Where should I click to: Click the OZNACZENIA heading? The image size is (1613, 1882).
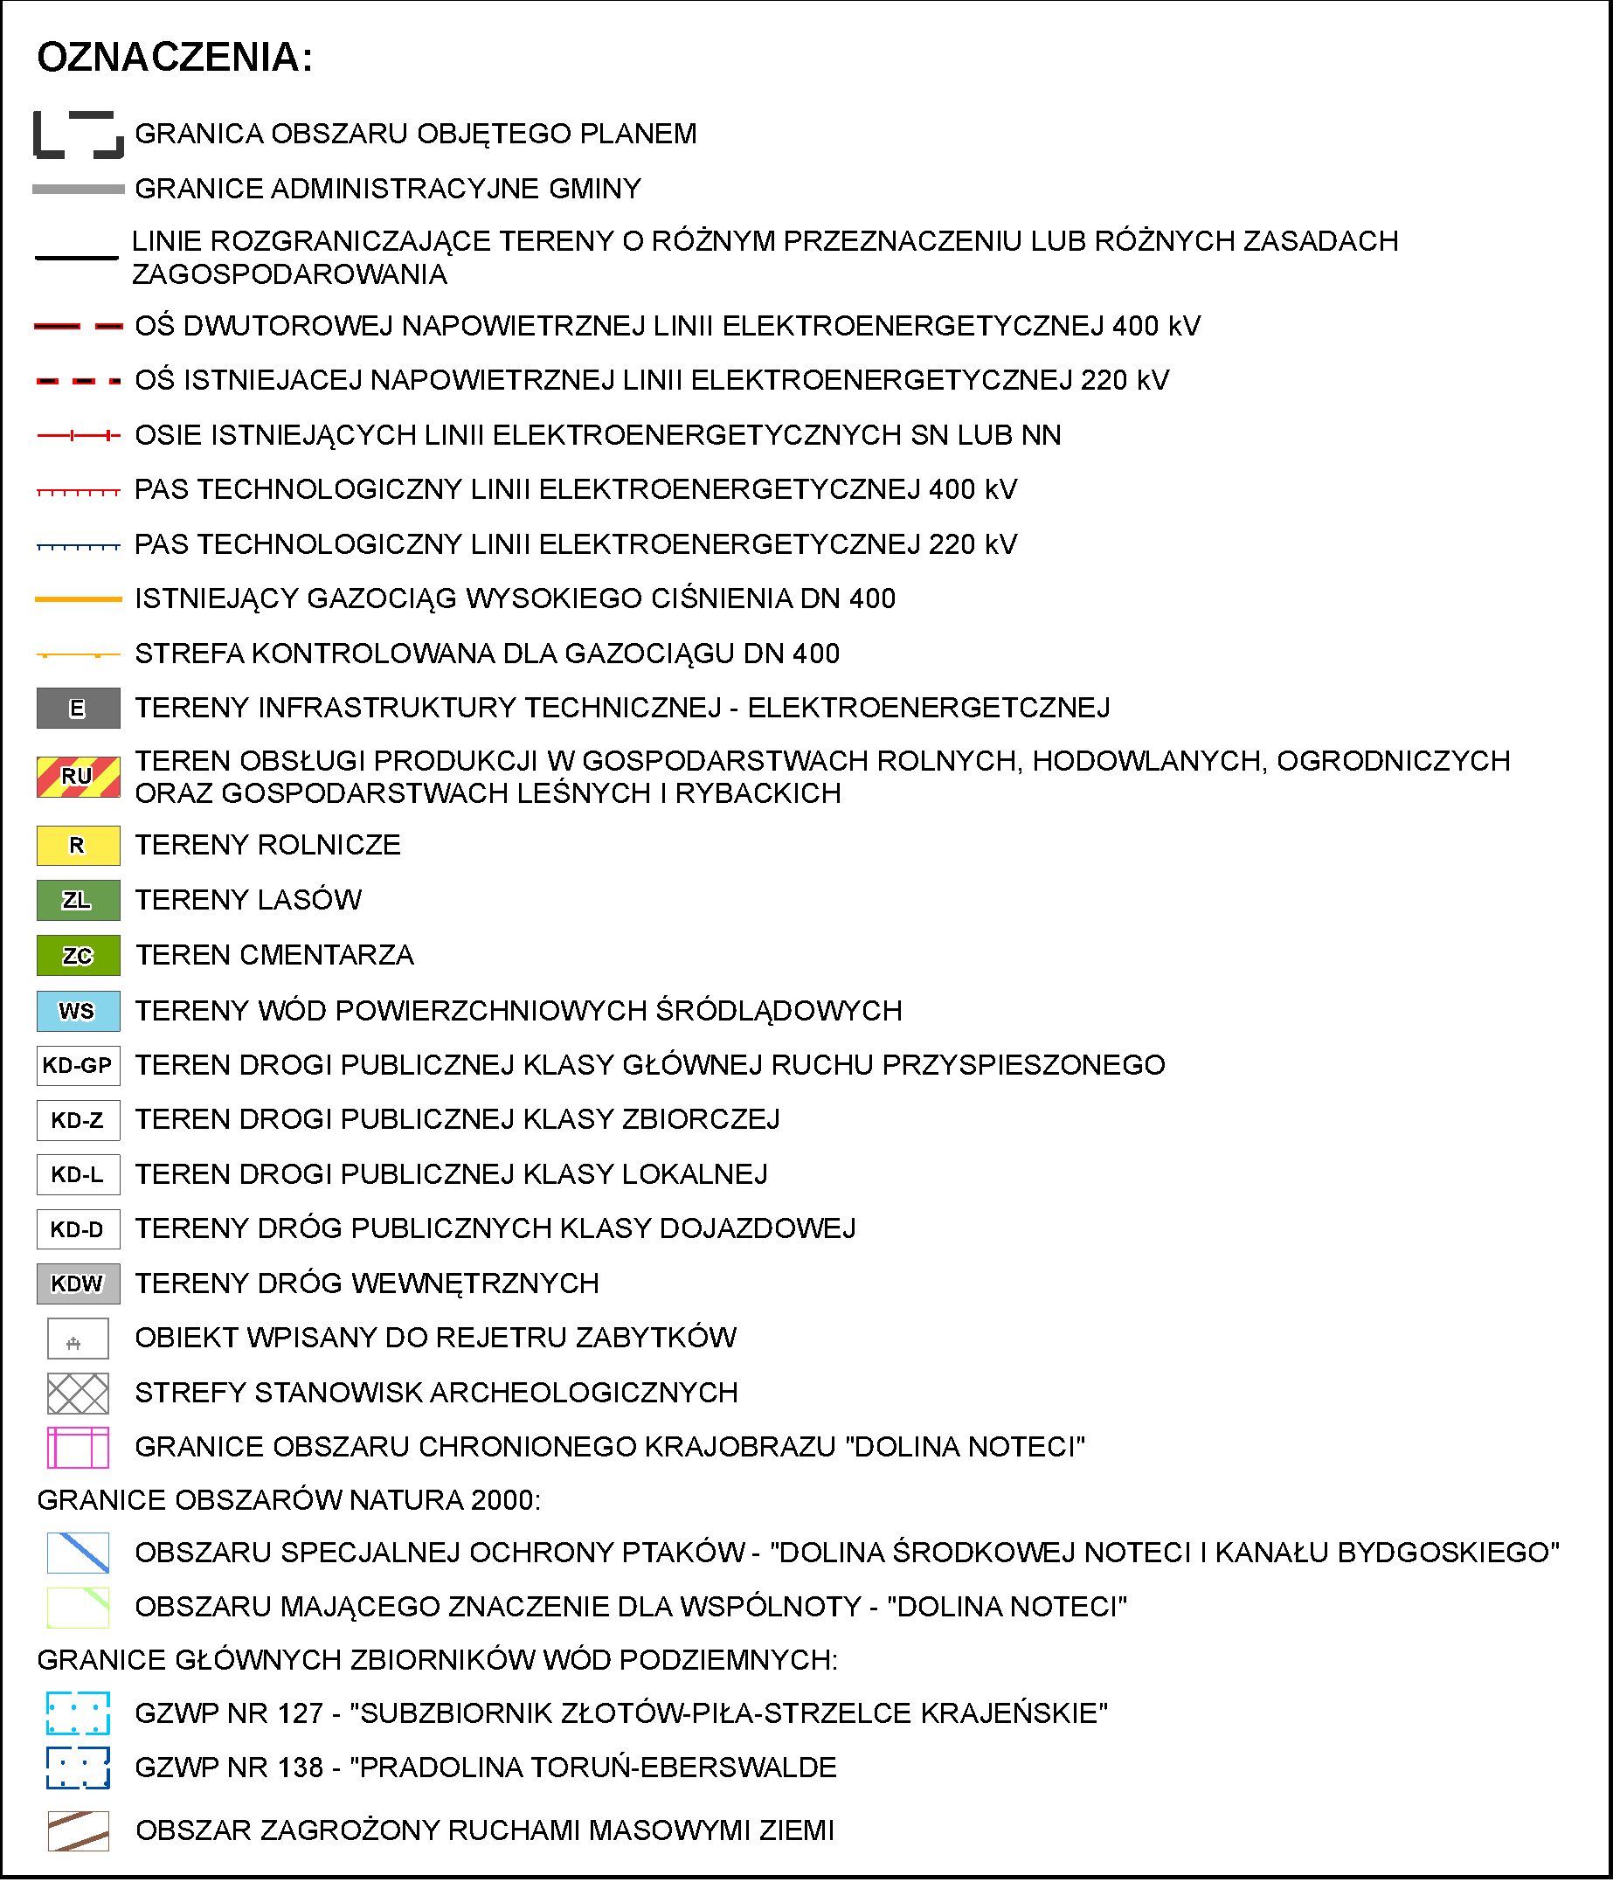(175, 57)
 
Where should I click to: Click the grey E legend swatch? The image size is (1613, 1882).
(78, 709)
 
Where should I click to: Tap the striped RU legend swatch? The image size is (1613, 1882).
(78, 777)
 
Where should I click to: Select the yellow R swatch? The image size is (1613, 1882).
(78, 846)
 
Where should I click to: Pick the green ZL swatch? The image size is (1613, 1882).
(78, 900)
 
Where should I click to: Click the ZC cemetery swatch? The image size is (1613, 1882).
(78, 956)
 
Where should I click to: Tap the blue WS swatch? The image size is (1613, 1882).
(78, 1011)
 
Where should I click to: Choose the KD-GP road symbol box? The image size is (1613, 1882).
(78, 1065)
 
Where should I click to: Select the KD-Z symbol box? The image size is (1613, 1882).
(78, 1120)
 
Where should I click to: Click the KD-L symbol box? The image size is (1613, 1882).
(78, 1174)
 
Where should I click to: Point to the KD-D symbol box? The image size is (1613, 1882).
(78, 1229)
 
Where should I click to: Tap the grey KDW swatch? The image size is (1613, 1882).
(78, 1283)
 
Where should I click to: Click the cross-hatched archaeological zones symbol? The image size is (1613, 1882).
(78, 1393)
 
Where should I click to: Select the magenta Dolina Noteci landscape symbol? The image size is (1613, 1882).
(78, 1447)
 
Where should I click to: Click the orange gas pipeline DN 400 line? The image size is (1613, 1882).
(78, 599)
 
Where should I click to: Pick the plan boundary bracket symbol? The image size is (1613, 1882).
(78, 135)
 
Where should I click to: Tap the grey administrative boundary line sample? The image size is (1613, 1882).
(78, 189)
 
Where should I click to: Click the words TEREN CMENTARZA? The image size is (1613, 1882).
(274, 956)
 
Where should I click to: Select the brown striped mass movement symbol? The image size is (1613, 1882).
(78, 1830)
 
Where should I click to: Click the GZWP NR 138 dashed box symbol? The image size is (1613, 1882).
(78, 1768)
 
